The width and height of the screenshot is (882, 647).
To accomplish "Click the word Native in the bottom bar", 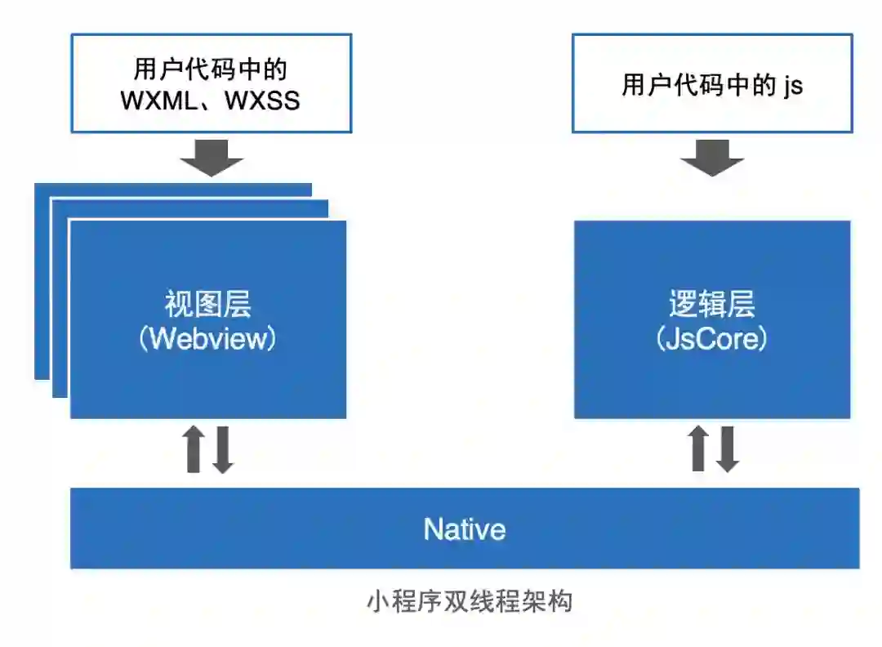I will coord(464,529).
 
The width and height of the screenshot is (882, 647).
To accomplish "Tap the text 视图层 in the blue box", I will coord(208,304).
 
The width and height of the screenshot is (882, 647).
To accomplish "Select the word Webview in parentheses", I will coord(208,338).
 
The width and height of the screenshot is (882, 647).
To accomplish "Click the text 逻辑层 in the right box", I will coord(711,304).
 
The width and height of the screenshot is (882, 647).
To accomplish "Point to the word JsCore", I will coord(711,338).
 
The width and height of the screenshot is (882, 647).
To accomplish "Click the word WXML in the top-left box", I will coord(163,100).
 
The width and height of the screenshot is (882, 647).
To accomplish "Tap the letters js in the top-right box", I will coord(793,85).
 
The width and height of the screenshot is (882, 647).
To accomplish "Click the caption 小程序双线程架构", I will coord(469,602).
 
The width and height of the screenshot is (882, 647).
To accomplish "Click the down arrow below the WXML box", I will coord(212,157).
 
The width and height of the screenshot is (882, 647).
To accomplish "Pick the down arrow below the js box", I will coord(712,157).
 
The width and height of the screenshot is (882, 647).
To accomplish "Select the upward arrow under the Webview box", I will coord(194,448).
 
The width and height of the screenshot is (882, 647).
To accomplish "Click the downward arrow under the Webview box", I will coord(223,450).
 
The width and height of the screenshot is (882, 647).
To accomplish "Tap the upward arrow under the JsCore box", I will coord(698,448).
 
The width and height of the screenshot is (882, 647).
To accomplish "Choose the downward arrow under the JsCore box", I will coord(728,450).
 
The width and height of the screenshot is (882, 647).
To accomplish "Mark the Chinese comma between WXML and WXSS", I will coord(212,105).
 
